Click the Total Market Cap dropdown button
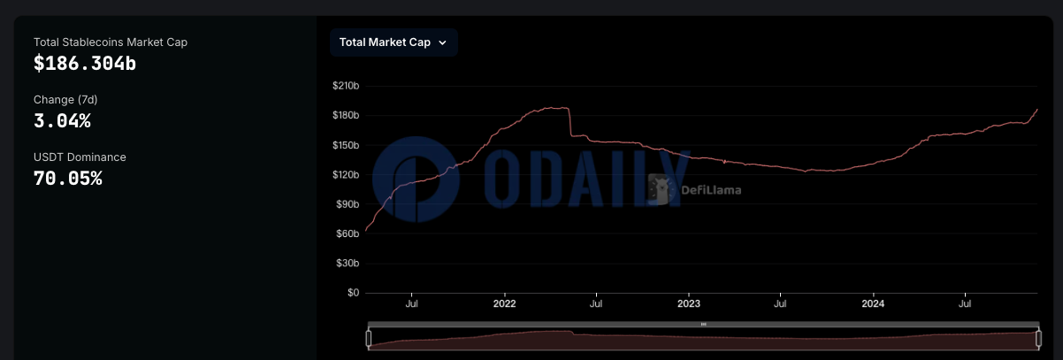pyautogui.click(x=394, y=42)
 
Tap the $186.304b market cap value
pyautogui.click(x=85, y=64)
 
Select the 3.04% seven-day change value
pyautogui.click(x=62, y=121)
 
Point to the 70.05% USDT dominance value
pyautogui.click(x=67, y=179)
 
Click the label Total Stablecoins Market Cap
pyautogui.click(x=111, y=42)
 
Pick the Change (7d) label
pyautogui.click(x=65, y=99)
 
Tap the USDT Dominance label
pyautogui.click(x=80, y=157)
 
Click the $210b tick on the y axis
pyautogui.click(x=345, y=86)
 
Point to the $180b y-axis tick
pyautogui.click(x=345, y=116)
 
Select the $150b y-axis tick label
pyautogui.click(x=345, y=145)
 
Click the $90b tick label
pyautogui.click(x=347, y=204)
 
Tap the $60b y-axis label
pyautogui.click(x=347, y=234)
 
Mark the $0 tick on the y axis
pyautogui.click(x=352, y=293)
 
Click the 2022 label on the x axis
pyautogui.click(x=504, y=303)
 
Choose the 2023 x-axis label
pyautogui.click(x=688, y=303)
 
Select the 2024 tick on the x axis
pyautogui.click(x=873, y=303)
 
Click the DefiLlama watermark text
pyautogui.click(x=711, y=189)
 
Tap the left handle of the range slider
pyautogui.click(x=369, y=339)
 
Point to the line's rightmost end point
pyautogui.click(x=1036, y=110)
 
